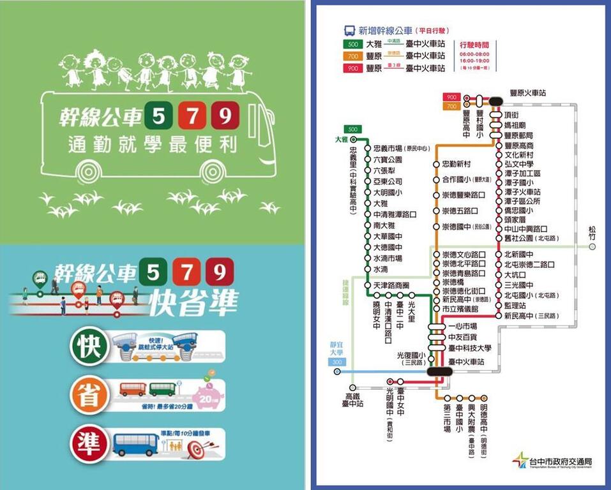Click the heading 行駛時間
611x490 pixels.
point(474,45)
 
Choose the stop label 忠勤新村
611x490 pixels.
point(456,164)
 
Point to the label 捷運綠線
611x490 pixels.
point(345,293)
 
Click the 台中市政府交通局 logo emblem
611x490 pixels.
point(521,460)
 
